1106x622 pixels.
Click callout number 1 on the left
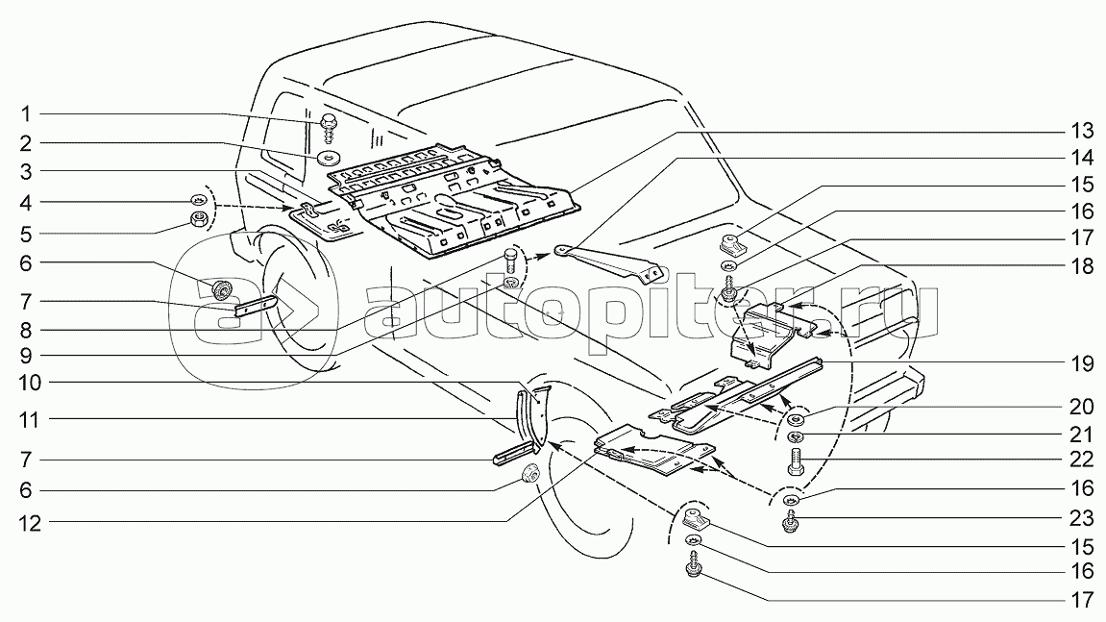[x=25, y=113]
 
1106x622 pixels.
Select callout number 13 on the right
[x=1082, y=131]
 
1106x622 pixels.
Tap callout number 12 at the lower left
[x=31, y=524]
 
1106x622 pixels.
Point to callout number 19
[x=1082, y=364]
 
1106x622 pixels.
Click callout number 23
[x=1082, y=519]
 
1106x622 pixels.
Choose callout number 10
[x=31, y=383]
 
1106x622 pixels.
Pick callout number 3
[x=25, y=171]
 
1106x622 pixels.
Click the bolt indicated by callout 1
[x=329, y=127]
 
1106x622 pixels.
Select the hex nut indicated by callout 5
[x=199, y=220]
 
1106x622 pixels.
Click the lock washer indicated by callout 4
[x=198, y=199]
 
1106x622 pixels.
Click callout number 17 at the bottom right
[x=1082, y=601]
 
